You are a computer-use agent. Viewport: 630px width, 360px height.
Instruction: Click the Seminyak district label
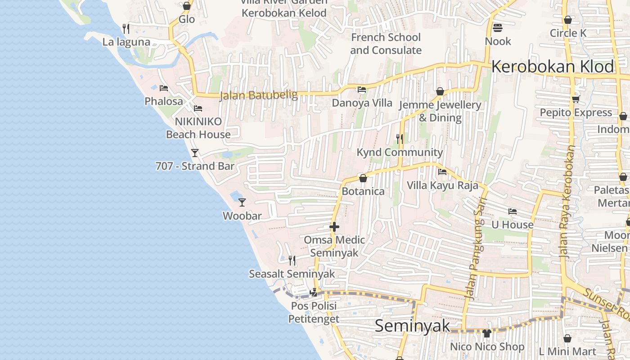[412, 325]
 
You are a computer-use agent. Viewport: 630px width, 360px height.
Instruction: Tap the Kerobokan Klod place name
[553, 67]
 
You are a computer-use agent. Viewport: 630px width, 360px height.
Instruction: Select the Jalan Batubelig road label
[259, 95]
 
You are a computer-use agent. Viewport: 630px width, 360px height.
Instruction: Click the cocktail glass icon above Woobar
[242, 202]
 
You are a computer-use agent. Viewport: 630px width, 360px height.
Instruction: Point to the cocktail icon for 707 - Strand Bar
[195, 153]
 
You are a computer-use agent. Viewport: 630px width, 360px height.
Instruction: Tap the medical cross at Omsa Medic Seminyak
[334, 227]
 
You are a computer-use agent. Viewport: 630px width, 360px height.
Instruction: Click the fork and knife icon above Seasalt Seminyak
[292, 260]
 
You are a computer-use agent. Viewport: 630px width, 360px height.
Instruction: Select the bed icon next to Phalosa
[164, 88]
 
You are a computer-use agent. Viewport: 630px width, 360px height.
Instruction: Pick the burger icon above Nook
[498, 28]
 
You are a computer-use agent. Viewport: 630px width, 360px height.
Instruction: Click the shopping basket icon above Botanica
[363, 178]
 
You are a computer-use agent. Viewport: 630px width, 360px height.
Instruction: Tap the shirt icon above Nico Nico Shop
[487, 333]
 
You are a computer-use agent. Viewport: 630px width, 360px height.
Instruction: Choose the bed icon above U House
[512, 211]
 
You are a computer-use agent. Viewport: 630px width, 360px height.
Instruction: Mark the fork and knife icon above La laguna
[126, 29]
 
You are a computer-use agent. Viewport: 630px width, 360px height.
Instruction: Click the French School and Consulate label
[386, 44]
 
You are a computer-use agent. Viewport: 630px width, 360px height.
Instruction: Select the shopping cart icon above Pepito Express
[576, 99]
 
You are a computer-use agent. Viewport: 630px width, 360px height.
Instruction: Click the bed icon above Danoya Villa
[361, 90]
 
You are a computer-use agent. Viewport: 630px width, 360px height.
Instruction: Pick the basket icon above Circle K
[568, 20]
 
